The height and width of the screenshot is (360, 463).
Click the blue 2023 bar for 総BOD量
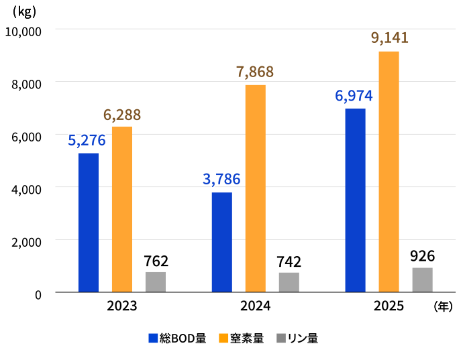point(89,223)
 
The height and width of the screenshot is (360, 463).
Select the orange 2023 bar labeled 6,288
point(122,209)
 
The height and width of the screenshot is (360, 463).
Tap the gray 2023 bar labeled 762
point(156,282)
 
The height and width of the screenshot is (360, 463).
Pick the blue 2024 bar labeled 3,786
point(222,242)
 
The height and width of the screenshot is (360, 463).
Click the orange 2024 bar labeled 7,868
point(256,188)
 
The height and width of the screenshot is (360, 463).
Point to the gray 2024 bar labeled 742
point(289,282)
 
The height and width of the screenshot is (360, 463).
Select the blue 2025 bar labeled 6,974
point(356,200)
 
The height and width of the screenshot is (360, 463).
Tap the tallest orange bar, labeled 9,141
point(389,172)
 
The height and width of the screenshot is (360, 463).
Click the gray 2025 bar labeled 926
point(423,280)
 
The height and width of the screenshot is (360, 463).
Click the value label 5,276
point(87,141)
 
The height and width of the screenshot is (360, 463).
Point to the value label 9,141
point(389,38)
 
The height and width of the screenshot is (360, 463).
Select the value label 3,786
point(221,180)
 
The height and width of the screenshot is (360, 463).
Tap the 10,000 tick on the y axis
point(23,31)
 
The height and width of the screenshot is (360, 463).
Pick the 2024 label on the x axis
point(256,306)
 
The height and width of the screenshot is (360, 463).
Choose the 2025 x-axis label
point(389,306)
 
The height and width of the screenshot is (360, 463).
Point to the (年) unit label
point(444,306)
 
